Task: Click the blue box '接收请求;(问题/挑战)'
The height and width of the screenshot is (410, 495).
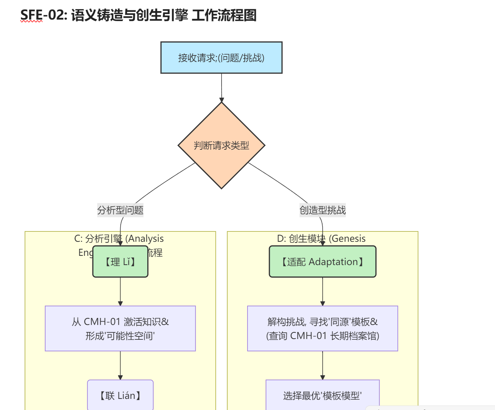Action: click(x=221, y=58)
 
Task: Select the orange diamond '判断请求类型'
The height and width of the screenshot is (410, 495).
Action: click(x=221, y=145)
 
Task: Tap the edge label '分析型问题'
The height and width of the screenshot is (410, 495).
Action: click(x=120, y=210)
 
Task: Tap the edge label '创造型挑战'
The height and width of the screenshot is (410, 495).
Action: click(x=323, y=210)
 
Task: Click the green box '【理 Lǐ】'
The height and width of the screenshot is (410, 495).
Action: click(x=120, y=262)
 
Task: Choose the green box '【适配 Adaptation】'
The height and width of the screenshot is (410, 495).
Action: click(x=323, y=262)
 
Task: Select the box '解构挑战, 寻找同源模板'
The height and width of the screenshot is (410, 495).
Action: click(x=323, y=322)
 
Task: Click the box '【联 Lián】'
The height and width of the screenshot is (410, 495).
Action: click(x=120, y=396)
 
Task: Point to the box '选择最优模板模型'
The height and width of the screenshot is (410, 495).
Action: click(x=323, y=396)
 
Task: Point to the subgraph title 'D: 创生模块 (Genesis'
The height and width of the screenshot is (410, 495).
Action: click(x=321, y=238)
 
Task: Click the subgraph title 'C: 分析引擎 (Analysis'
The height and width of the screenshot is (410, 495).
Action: click(x=119, y=238)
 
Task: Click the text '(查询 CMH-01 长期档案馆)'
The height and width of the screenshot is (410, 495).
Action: click(x=323, y=336)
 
